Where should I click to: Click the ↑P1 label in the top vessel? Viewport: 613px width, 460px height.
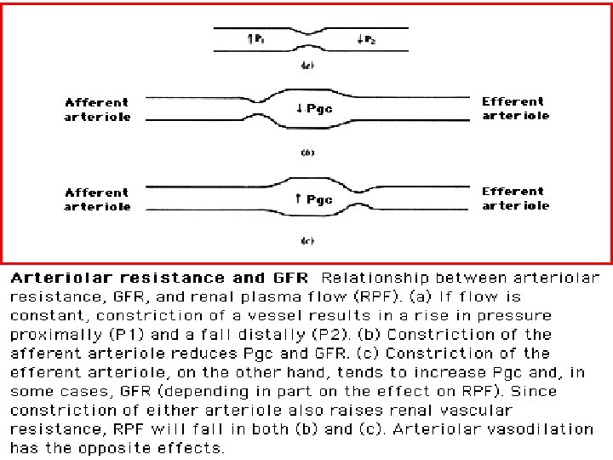[255, 38]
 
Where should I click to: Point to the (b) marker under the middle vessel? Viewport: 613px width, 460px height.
[307, 152]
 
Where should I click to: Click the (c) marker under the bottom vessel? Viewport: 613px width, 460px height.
[307, 241]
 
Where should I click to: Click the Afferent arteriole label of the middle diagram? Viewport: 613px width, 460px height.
[98, 110]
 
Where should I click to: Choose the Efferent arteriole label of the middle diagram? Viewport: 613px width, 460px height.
[516, 108]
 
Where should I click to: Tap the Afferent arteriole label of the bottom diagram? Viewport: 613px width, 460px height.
[98, 199]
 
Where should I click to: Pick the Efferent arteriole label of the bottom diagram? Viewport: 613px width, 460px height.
[516, 198]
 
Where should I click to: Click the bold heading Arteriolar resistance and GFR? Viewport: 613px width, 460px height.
[161, 278]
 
